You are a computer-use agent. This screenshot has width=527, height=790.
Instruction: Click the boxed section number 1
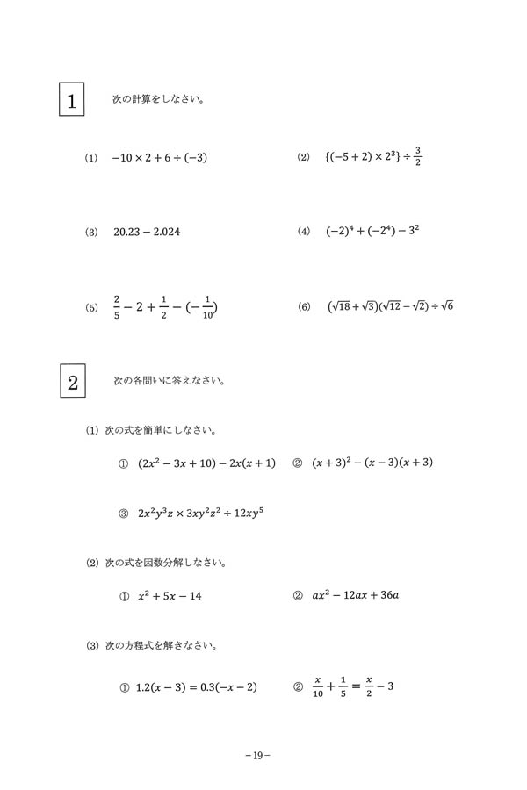click(70, 100)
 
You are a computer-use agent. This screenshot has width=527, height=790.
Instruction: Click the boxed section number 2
click(72, 381)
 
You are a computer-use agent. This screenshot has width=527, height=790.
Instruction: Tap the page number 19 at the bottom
click(257, 755)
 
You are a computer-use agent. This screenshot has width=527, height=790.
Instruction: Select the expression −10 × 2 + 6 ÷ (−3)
click(159, 158)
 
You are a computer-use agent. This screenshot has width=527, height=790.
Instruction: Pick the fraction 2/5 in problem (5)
click(117, 306)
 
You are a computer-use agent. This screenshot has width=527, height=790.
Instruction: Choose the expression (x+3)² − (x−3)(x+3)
click(372, 463)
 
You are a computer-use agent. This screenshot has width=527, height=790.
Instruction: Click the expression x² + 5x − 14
click(170, 596)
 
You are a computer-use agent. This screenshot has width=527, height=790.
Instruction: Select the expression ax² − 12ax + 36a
click(356, 595)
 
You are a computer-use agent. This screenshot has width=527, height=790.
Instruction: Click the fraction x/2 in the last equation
click(370, 686)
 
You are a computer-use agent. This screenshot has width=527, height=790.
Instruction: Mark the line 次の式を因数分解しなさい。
click(162, 562)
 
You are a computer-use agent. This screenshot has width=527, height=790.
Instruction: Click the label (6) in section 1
click(305, 307)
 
